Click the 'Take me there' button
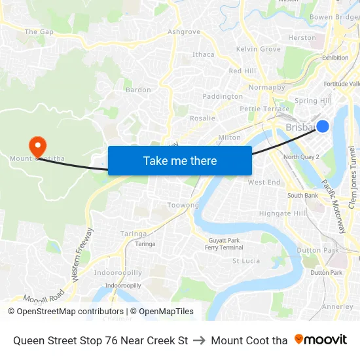point(180,160)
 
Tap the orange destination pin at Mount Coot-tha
point(37,145)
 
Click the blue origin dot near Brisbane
point(322,126)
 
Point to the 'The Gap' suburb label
point(39,31)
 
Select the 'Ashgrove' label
point(184,31)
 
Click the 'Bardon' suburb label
point(138,90)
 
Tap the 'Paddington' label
point(223,96)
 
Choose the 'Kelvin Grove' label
point(259,49)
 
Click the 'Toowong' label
point(183,205)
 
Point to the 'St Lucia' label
point(246,261)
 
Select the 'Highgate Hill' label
point(282,213)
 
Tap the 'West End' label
point(264,182)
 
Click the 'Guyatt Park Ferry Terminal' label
point(224,244)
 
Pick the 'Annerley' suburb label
point(338,306)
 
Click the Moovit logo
point(320,340)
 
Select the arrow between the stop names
point(200,340)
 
